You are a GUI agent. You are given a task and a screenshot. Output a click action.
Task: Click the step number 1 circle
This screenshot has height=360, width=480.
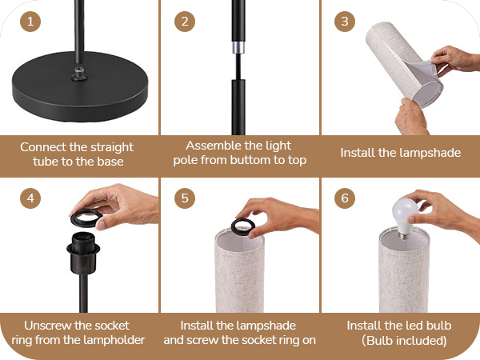pyautogui.click(x=30, y=22)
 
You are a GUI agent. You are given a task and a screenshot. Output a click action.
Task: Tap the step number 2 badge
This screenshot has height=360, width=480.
pyautogui.click(x=185, y=22)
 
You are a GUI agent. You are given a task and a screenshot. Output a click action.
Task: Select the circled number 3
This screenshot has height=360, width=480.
pyautogui.click(x=345, y=22)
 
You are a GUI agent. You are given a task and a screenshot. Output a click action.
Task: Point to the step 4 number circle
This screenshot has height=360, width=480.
pyautogui.click(x=30, y=198)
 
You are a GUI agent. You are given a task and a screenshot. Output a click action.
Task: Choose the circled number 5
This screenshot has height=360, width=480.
pyautogui.click(x=185, y=198)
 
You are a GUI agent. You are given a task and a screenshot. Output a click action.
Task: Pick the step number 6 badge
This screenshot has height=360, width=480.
pyautogui.click(x=345, y=198)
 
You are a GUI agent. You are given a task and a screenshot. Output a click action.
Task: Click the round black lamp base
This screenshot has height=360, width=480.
pyautogui.click(x=80, y=89)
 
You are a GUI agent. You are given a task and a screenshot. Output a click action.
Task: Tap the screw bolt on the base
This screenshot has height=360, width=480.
pyautogui.click(x=79, y=74)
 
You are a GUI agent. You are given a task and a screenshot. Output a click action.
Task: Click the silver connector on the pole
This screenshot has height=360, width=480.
pyautogui.click(x=238, y=47)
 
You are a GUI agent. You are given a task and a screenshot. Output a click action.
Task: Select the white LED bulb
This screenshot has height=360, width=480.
pyautogui.click(x=405, y=218)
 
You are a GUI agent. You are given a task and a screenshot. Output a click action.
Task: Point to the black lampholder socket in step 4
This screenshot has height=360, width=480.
pyautogui.click(x=83, y=253)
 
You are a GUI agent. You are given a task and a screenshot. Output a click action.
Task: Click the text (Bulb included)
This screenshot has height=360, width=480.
pyautogui.click(x=404, y=341)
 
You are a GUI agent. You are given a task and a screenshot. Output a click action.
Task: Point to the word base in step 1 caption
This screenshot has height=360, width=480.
pyautogui.click(x=110, y=162)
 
